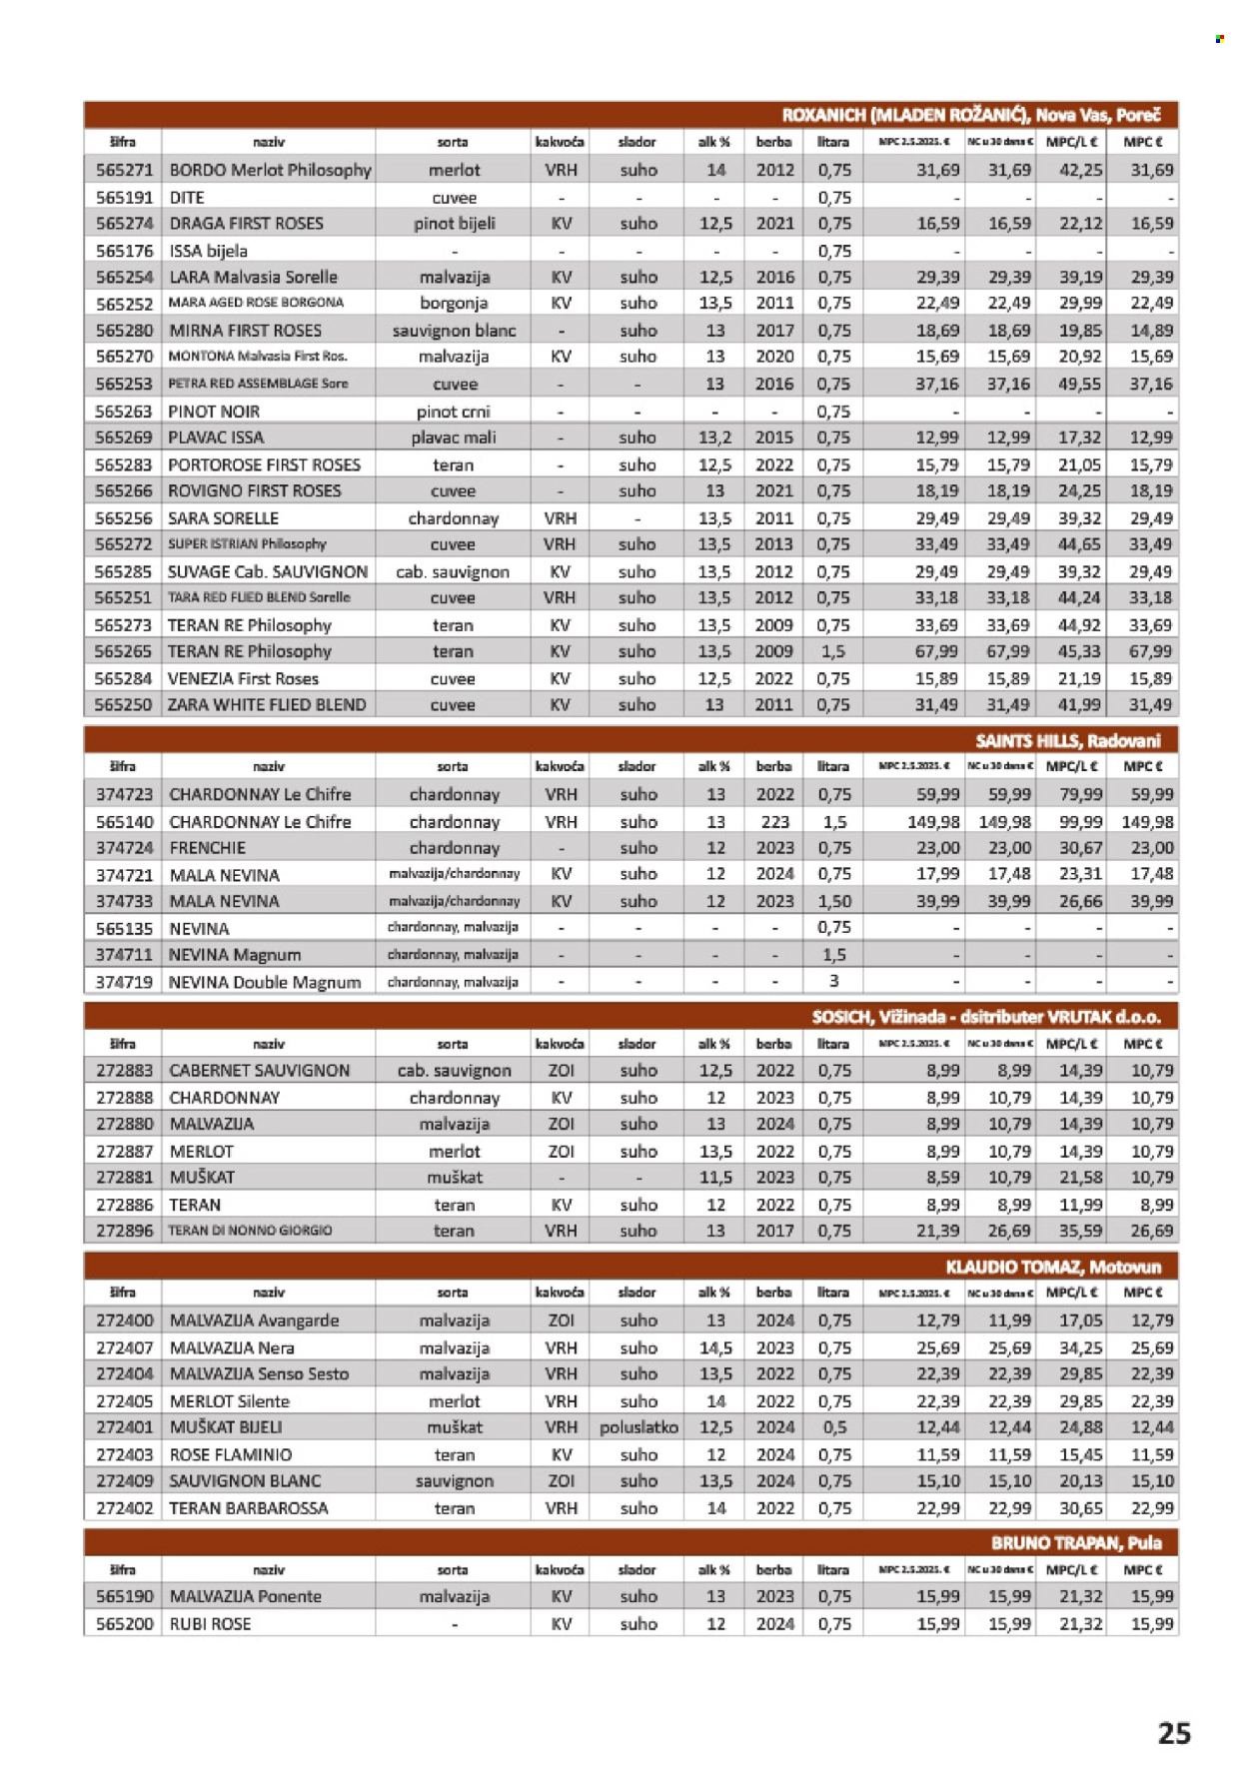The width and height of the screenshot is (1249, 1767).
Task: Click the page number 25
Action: point(1173,1731)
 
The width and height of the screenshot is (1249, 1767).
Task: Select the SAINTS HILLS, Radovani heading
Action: point(1067,740)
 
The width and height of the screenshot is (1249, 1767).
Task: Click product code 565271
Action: point(124,170)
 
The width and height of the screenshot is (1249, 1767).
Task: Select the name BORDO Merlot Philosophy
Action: point(270,170)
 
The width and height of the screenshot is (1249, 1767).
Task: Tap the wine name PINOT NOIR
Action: point(214,411)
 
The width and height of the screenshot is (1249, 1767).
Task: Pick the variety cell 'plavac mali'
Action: point(453,438)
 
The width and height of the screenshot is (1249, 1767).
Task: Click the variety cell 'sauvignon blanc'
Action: point(453,331)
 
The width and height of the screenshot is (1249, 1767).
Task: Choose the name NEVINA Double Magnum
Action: point(265,982)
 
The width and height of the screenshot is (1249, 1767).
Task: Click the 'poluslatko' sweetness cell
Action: point(638,1427)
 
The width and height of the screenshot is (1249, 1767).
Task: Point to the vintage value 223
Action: point(774,822)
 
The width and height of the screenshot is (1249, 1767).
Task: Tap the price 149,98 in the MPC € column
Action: point(1146,822)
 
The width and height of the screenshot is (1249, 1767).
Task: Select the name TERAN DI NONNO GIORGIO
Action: point(250,1231)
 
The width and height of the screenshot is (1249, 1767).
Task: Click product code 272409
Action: point(124,1480)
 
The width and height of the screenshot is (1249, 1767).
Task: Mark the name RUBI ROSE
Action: point(210,1623)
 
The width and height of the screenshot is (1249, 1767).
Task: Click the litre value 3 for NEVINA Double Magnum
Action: point(833,981)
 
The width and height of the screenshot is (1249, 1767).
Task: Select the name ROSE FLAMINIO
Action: point(231,1454)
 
